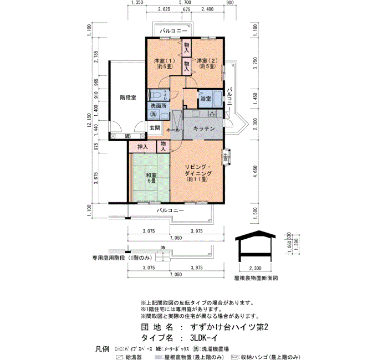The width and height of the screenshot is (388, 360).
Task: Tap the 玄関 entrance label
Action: [x=154, y=128]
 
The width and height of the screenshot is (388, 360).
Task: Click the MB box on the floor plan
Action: [x=127, y=136]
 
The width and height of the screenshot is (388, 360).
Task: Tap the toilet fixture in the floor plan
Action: [x=157, y=95]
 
